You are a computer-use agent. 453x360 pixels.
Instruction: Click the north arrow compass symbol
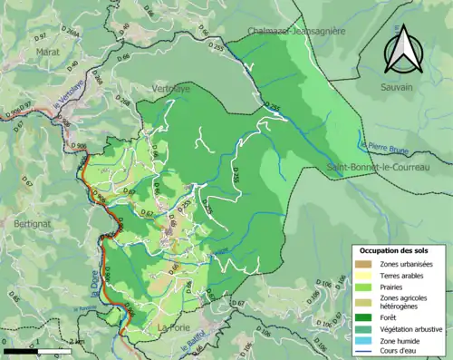(x=406, y=49)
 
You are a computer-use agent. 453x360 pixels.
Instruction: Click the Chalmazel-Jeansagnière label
(x=295, y=31)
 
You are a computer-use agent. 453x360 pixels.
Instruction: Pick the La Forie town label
(x=172, y=326)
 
